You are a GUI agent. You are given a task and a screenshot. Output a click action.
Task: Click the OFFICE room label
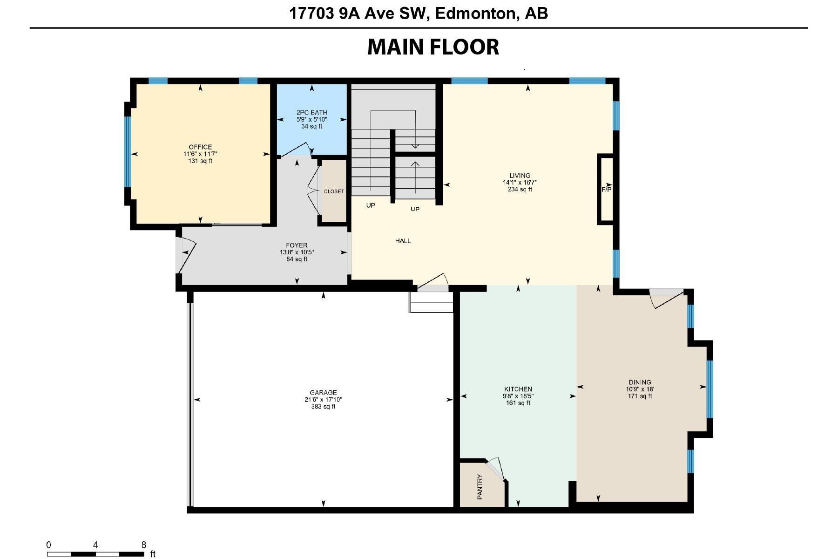point(200,147)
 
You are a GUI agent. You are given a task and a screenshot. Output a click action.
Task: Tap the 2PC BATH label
point(312,112)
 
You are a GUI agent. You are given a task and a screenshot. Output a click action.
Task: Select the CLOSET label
point(334,191)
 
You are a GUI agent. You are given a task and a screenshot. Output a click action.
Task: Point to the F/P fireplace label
point(607,190)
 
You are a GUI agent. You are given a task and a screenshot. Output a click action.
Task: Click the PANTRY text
point(480,487)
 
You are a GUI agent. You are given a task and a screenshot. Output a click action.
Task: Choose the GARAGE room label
point(323,393)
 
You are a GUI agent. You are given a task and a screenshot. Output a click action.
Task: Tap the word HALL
point(403,241)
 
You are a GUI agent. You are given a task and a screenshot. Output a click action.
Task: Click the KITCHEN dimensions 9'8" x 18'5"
point(518,396)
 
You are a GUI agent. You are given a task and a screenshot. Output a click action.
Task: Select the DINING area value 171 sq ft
point(640,396)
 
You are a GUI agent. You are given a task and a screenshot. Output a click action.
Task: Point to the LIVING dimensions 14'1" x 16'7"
point(520,183)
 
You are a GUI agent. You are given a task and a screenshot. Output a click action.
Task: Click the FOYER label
point(297,245)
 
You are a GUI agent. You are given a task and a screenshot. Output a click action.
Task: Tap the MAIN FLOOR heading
point(433,47)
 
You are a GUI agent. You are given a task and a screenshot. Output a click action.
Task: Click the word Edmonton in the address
point(477,14)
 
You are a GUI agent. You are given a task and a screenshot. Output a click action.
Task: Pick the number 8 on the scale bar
point(144,545)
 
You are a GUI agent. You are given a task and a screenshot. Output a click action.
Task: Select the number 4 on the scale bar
point(95,545)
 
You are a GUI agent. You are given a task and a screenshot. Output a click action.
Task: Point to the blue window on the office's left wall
point(128,152)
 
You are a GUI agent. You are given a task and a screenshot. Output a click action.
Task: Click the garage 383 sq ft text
point(323,407)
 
